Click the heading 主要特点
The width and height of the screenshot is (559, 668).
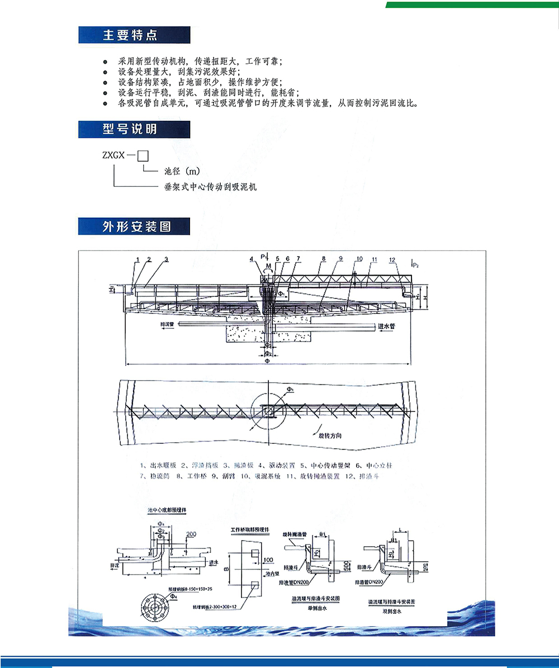point(130,36)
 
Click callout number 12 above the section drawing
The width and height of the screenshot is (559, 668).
point(393,260)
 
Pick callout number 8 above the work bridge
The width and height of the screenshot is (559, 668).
point(323,259)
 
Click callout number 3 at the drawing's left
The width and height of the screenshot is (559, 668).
point(167,259)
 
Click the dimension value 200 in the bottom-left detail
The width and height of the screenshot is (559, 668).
point(192,534)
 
